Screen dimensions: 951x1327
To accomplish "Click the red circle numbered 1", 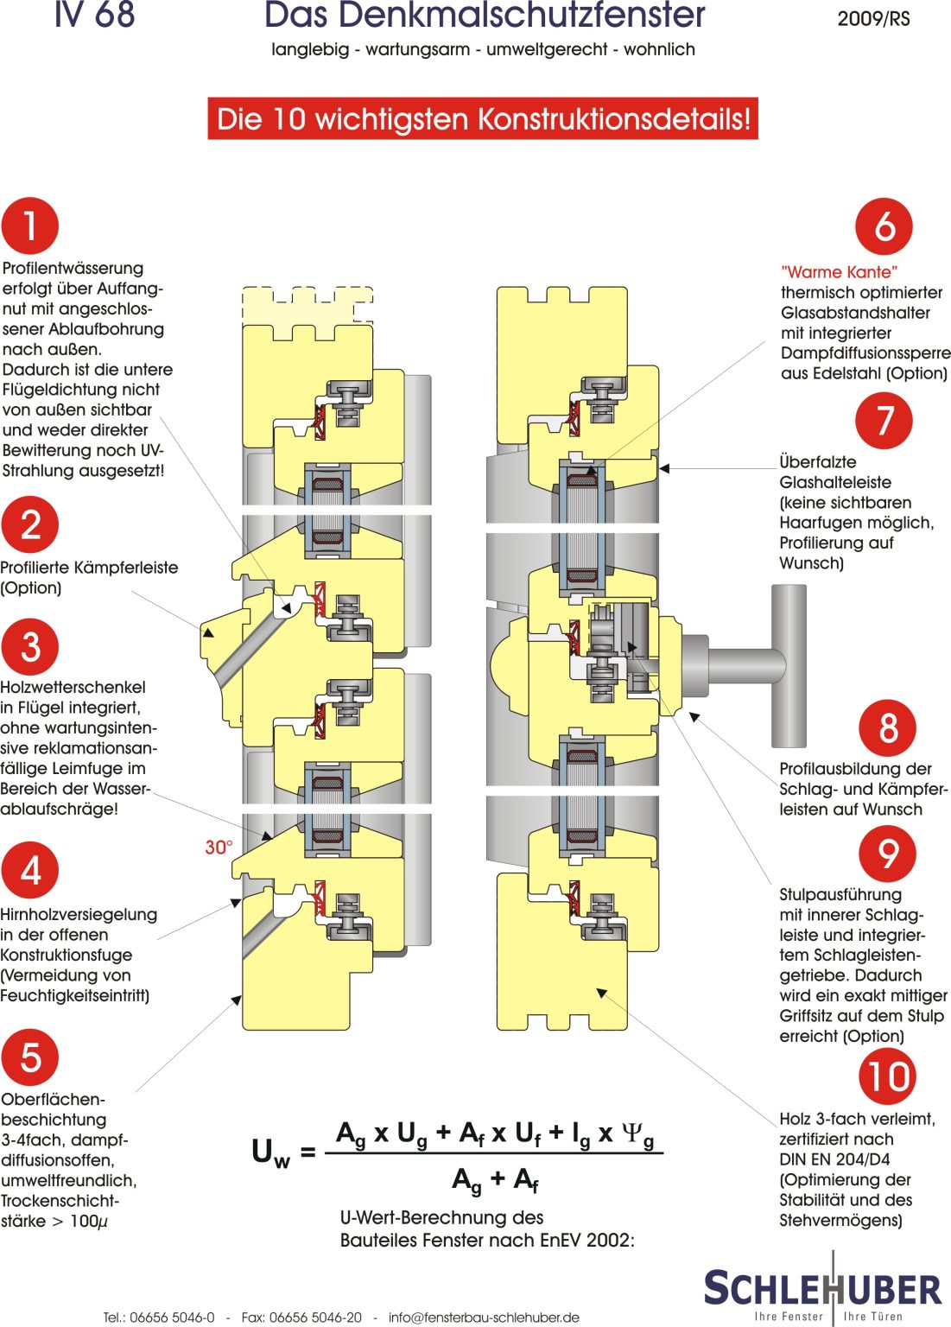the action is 30,225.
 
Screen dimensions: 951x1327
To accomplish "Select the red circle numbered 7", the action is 884,420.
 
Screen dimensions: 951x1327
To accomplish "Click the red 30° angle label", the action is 219,848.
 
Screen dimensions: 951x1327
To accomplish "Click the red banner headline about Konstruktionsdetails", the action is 483,118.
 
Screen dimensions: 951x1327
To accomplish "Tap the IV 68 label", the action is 95,14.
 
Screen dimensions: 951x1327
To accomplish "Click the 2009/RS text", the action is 873,19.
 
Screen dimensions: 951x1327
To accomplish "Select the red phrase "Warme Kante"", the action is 839,272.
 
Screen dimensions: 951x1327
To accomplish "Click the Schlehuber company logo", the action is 822,1287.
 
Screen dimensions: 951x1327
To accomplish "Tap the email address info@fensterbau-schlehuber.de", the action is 484,1317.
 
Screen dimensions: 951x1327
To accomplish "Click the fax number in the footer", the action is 301,1317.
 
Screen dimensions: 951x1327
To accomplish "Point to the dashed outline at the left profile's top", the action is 307,304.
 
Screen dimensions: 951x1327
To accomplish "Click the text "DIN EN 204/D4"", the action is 834,1159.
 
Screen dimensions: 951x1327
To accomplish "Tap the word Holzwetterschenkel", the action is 73,687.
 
